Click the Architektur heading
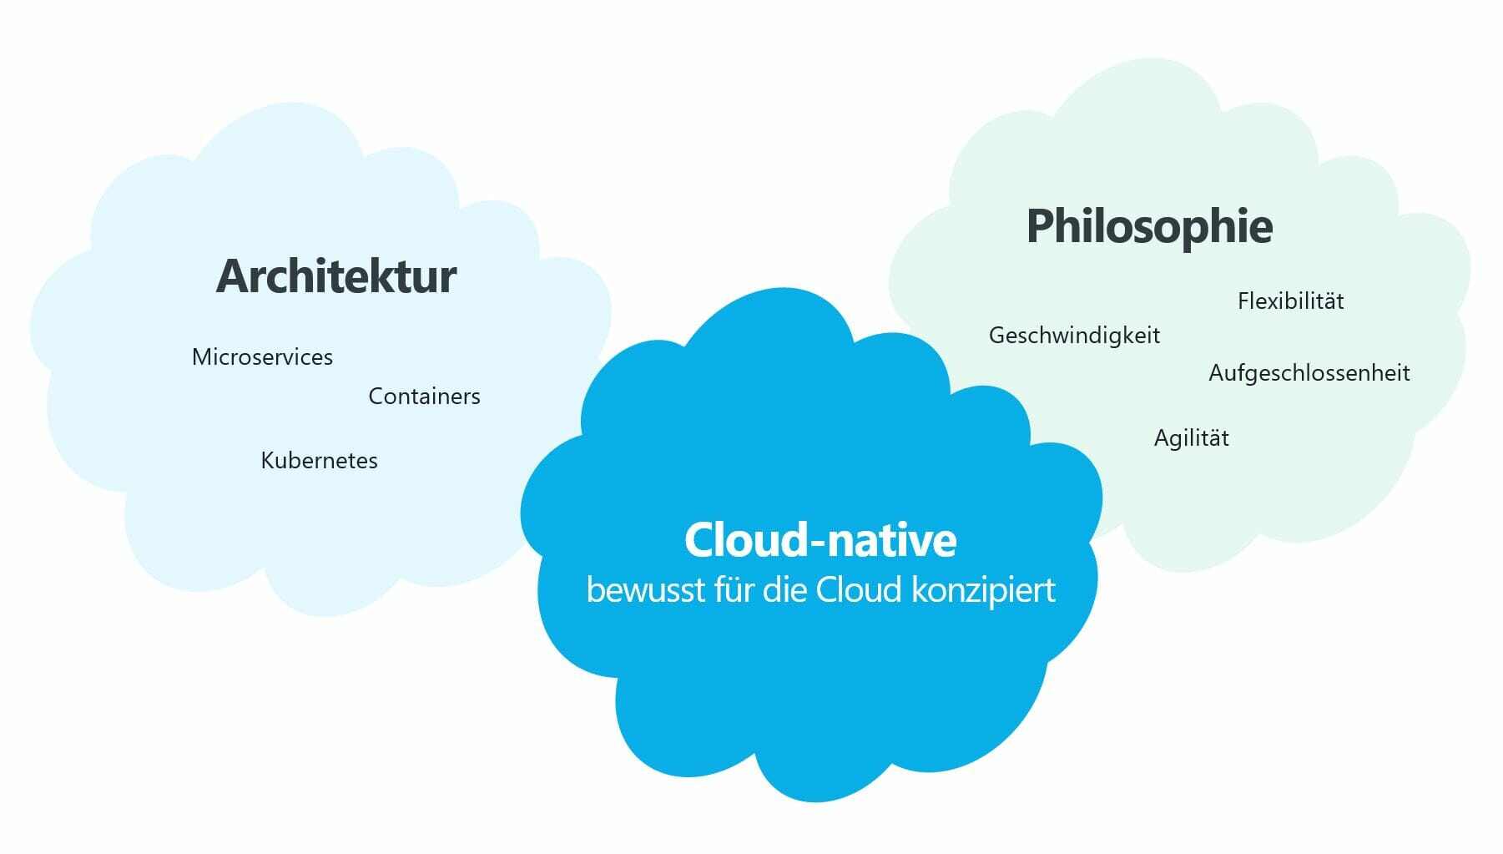coord(336,275)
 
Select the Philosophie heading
coord(1150,227)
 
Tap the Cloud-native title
coord(820,539)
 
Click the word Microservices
coord(262,356)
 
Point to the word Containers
coord(425,396)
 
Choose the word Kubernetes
coord(320,460)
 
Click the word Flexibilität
coord(1291,301)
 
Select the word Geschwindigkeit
coord(1075,336)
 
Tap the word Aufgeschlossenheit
coord(1309,373)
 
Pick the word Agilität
coord(1192,437)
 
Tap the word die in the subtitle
coord(784,589)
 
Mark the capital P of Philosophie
coord(1042,225)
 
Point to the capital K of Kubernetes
coord(268,460)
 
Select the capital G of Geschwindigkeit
coord(997,336)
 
